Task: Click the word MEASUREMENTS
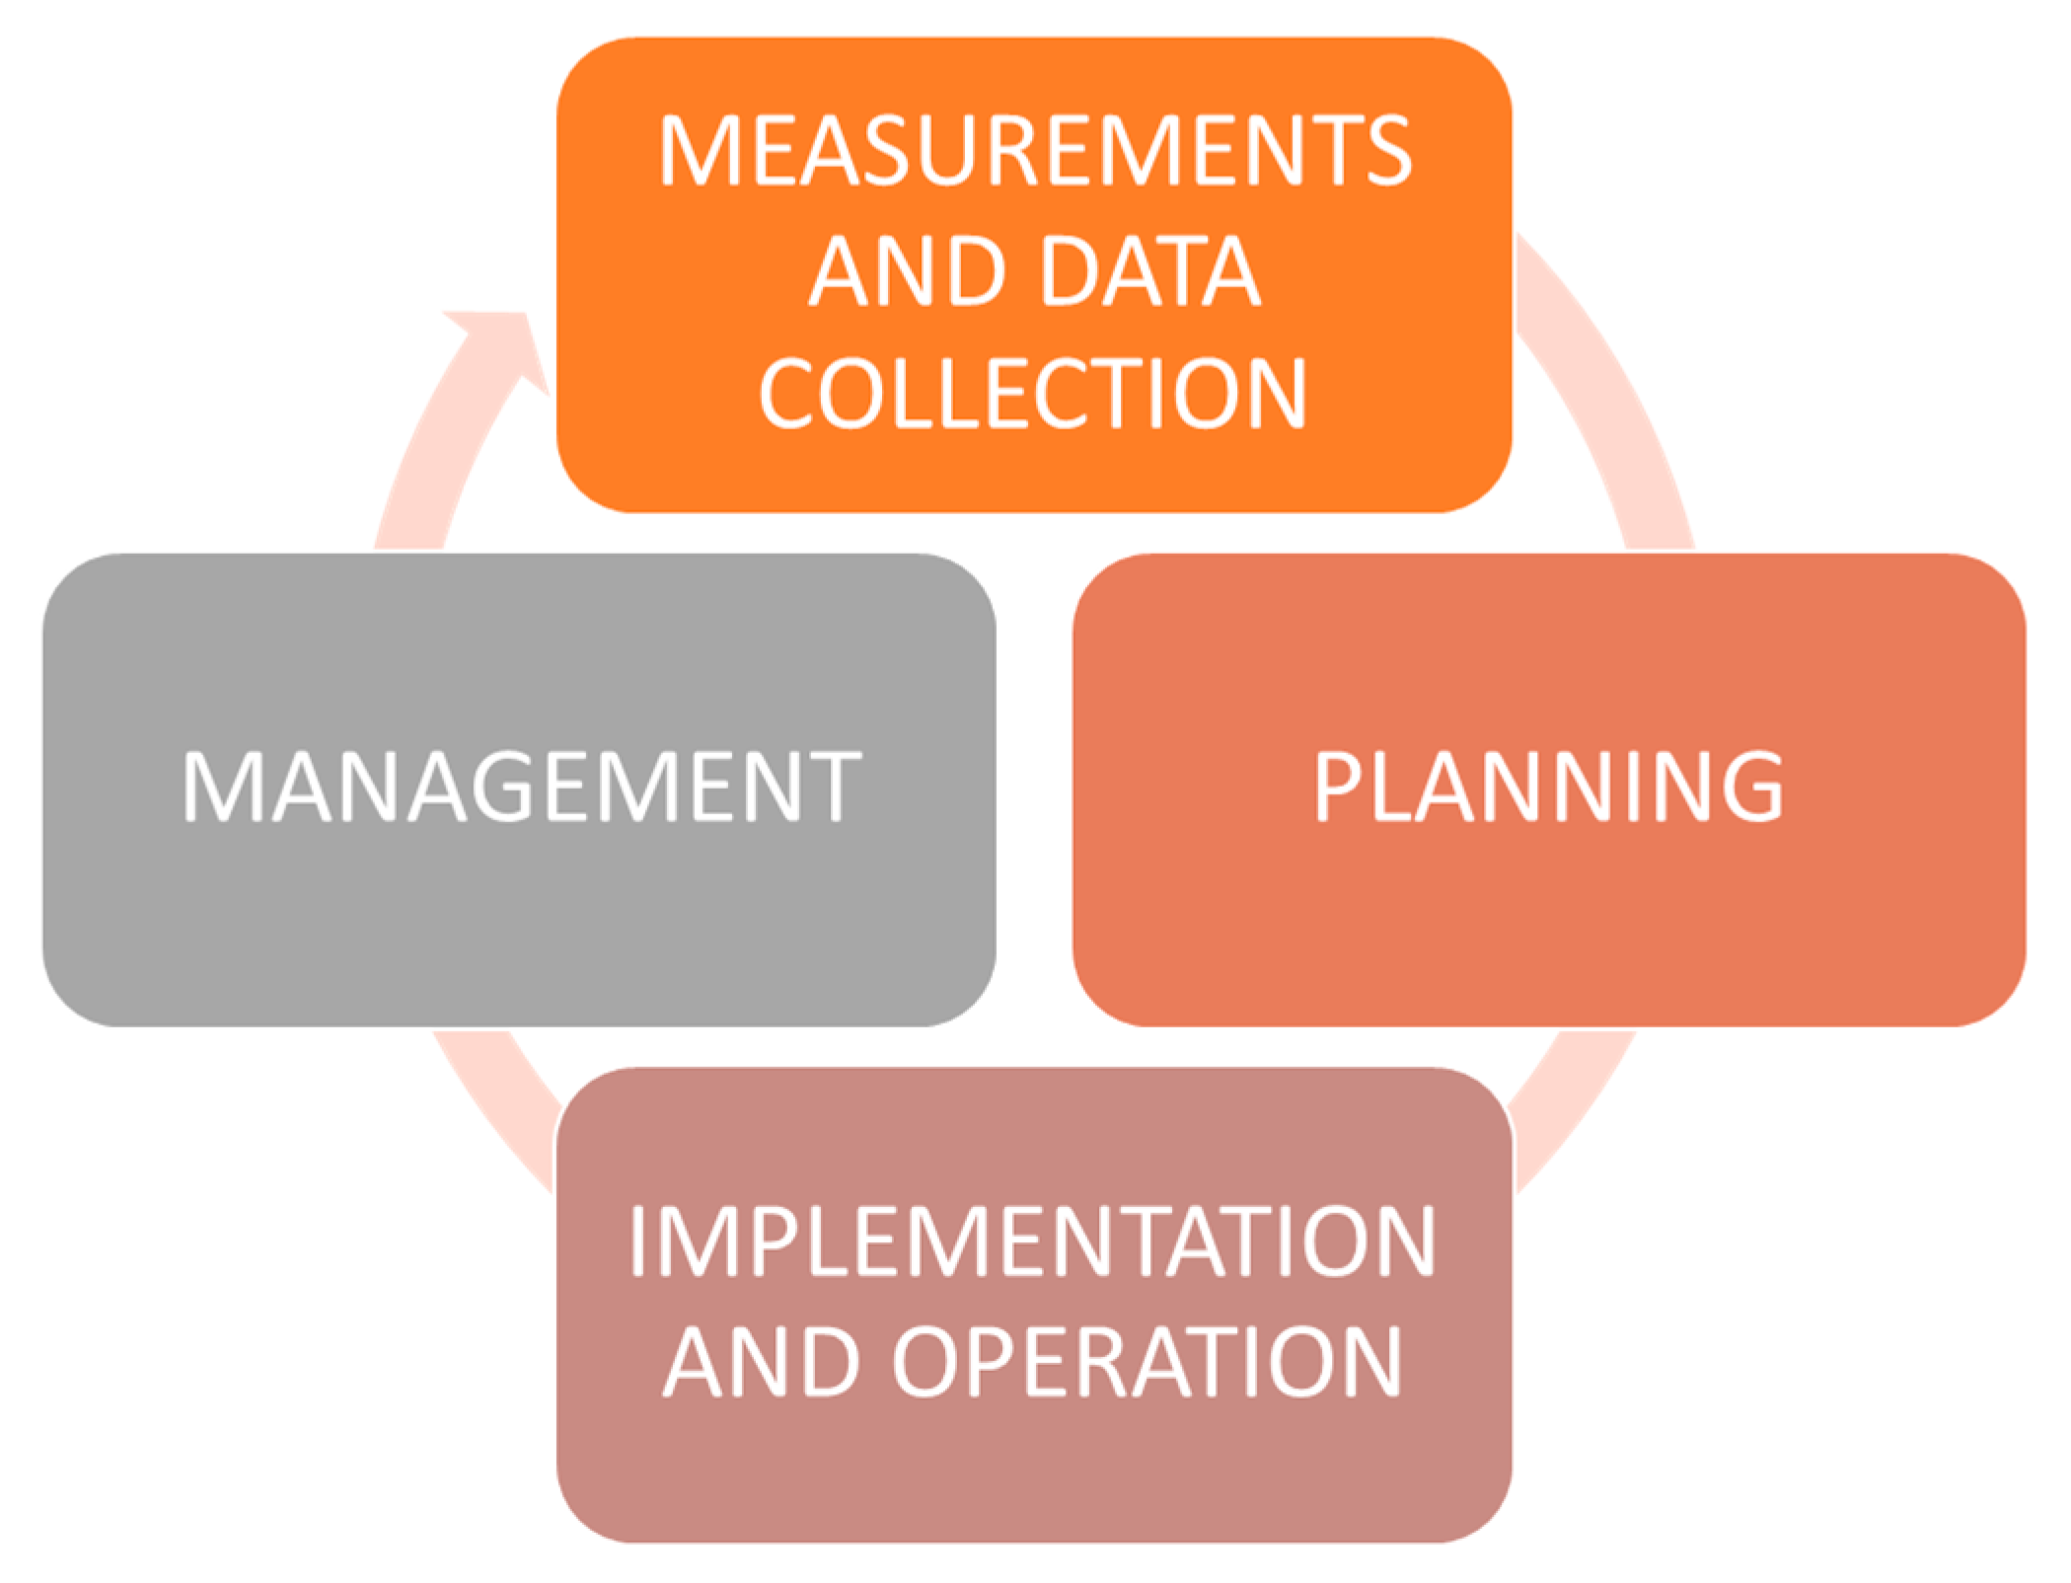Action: click(x=1035, y=150)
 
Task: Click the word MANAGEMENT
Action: click(x=521, y=787)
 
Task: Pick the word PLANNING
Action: click(x=1548, y=787)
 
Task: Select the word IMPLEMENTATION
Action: click(x=1032, y=1241)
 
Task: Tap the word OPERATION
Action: click(x=1147, y=1362)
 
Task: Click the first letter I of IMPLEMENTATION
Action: click(x=638, y=1241)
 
